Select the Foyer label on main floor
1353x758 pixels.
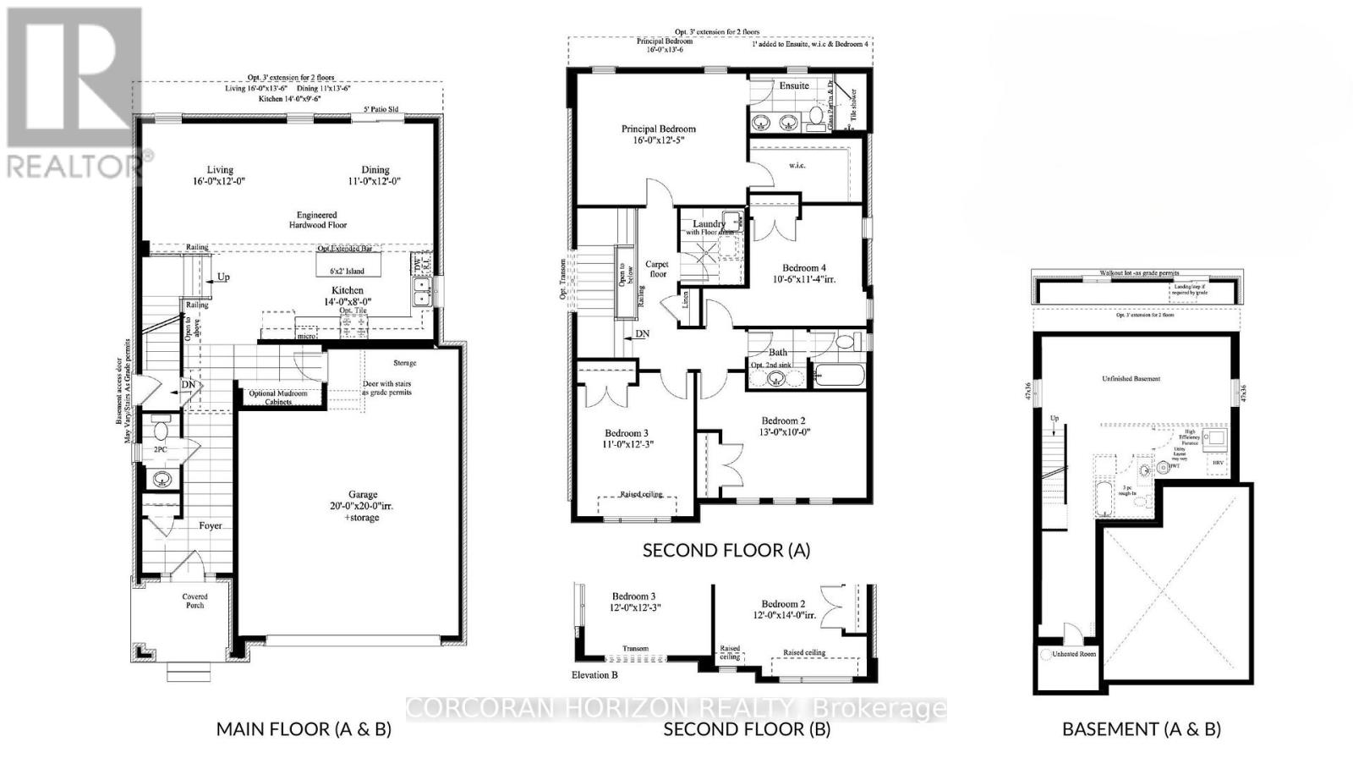click(x=211, y=525)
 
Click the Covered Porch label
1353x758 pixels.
click(x=194, y=601)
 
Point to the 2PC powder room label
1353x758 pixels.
click(x=160, y=450)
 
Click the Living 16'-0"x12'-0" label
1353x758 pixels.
click(x=220, y=175)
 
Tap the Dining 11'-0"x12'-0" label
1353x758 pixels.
click(x=375, y=175)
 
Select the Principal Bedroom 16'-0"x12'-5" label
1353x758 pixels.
click(x=659, y=135)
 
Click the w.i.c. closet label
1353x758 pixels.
click(x=797, y=165)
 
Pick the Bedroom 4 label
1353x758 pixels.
click(x=804, y=272)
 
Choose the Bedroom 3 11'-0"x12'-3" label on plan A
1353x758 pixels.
click(x=628, y=437)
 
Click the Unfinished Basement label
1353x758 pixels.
click(x=1131, y=378)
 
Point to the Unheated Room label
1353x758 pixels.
click(x=1074, y=654)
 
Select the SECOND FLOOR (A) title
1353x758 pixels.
click(x=726, y=550)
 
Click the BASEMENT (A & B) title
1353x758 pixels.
click(x=1141, y=728)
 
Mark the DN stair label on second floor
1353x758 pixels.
click(x=643, y=334)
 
